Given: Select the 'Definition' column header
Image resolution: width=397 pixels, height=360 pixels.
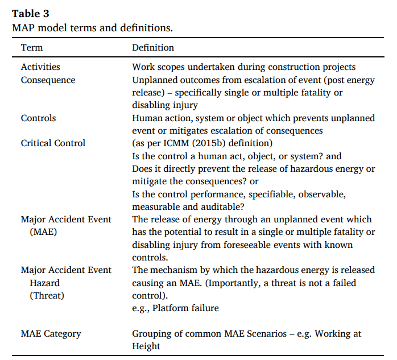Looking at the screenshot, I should pyautogui.click(x=153, y=48).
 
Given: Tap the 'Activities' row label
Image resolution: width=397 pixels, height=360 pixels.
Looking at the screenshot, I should pyautogui.click(x=40, y=67).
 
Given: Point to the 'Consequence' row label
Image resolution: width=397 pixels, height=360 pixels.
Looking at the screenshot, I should pyautogui.click(x=48, y=80).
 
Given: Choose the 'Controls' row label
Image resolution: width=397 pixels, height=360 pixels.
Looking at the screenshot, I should pyautogui.click(x=38, y=118).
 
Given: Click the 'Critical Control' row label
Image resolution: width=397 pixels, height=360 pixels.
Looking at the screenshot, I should pyautogui.click(x=53, y=143).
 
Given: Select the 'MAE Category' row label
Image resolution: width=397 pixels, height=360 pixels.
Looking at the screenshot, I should pyautogui.click(x=51, y=334).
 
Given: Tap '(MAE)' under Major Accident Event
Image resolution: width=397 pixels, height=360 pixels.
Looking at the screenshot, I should pyautogui.click(x=41, y=232).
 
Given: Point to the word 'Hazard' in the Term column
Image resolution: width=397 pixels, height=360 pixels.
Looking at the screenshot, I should pyautogui.click(x=45, y=283).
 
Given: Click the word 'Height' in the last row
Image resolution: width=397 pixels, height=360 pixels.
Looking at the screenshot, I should pyautogui.click(x=146, y=346).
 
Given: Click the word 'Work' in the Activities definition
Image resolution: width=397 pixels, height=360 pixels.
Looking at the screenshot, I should pyautogui.click(x=142, y=67).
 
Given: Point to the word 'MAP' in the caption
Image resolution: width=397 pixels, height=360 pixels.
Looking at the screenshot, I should pyautogui.click(x=24, y=27).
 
